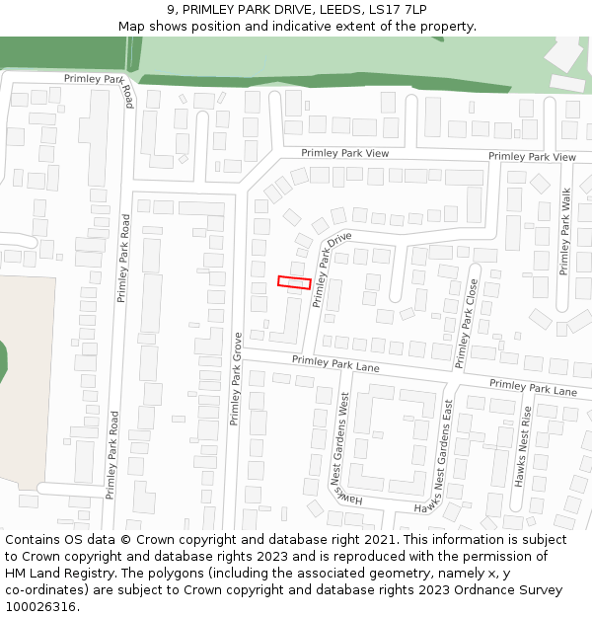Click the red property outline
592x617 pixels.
(x=294, y=282)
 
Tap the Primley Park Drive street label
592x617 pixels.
(x=333, y=270)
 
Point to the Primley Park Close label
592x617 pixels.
(x=467, y=323)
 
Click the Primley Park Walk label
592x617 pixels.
(x=565, y=232)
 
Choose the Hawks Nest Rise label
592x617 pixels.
(x=526, y=446)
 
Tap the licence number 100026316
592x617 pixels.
(x=41, y=607)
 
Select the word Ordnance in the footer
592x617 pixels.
(x=478, y=590)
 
